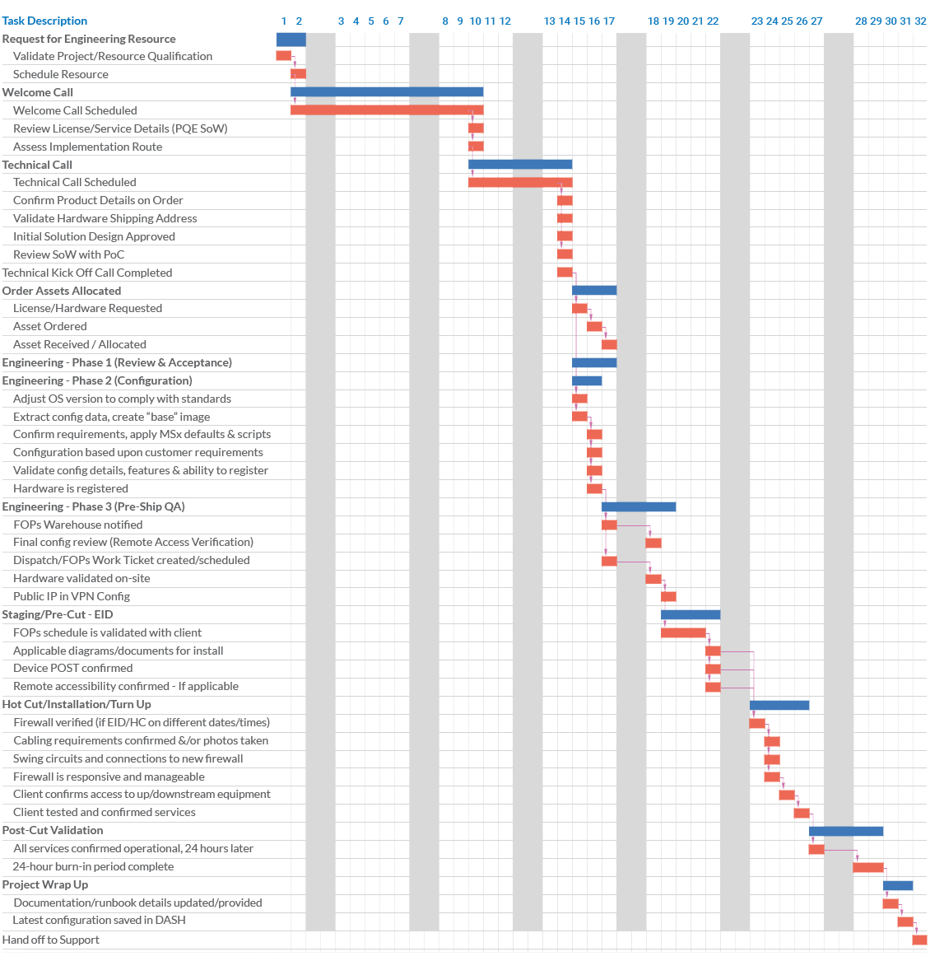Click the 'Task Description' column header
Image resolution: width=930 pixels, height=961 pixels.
44,21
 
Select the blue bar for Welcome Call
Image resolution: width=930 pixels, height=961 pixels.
387,92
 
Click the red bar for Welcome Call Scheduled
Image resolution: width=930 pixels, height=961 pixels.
387,110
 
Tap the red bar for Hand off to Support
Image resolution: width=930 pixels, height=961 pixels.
919,940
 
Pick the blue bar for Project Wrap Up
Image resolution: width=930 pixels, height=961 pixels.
898,885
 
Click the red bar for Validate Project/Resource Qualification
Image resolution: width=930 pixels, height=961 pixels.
283,56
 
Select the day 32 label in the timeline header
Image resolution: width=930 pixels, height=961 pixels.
920,21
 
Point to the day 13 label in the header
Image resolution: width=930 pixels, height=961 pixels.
550,21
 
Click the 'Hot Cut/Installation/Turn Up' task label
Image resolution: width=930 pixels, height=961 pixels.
77,704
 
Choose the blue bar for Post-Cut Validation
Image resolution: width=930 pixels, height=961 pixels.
846,831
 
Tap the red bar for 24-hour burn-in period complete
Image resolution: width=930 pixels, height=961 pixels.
868,867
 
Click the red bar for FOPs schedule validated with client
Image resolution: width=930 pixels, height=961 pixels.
683,632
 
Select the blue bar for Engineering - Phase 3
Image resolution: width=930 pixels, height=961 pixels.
639,506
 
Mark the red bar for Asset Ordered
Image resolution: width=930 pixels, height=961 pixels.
594,326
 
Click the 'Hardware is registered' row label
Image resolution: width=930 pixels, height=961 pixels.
71,488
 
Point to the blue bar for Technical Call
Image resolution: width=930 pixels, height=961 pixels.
520,165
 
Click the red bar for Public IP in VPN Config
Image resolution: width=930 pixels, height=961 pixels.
668,596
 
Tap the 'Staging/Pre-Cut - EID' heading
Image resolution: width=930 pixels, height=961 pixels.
58,614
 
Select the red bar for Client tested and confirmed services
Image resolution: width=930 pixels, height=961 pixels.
802,813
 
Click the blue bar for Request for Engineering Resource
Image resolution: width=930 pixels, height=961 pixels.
291,39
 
